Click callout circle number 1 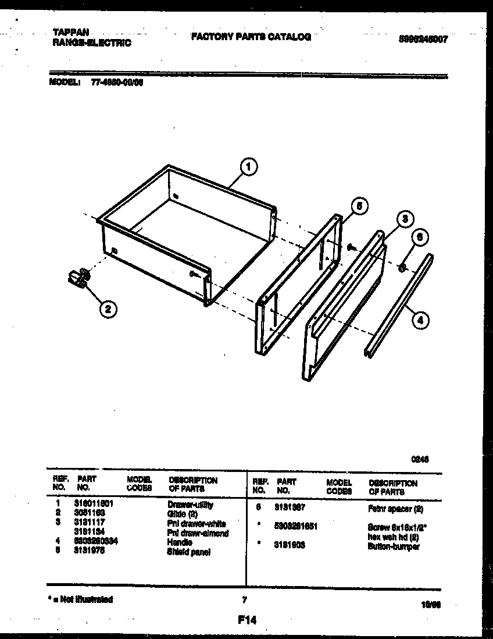tap(249, 168)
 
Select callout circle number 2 tap(106, 310)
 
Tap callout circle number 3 tap(405, 219)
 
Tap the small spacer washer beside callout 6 tap(402, 268)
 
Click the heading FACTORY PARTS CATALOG tap(251, 37)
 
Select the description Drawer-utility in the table tap(190, 505)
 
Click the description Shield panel tap(189, 552)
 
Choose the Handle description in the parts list tap(180, 542)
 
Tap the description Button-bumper tap(393, 546)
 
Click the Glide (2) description tap(183, 514)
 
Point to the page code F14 tap(246, 620)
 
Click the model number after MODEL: tap(117, 83)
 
